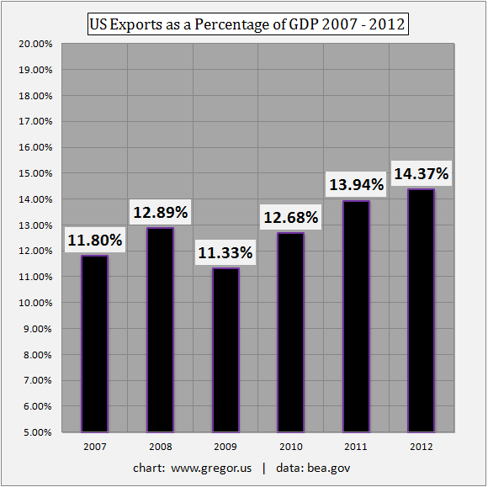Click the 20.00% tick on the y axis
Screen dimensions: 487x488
point(37,43)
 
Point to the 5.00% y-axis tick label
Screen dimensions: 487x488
point(39,432)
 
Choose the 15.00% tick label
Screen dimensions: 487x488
point(37,173)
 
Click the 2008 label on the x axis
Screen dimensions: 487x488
point(160,446)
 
